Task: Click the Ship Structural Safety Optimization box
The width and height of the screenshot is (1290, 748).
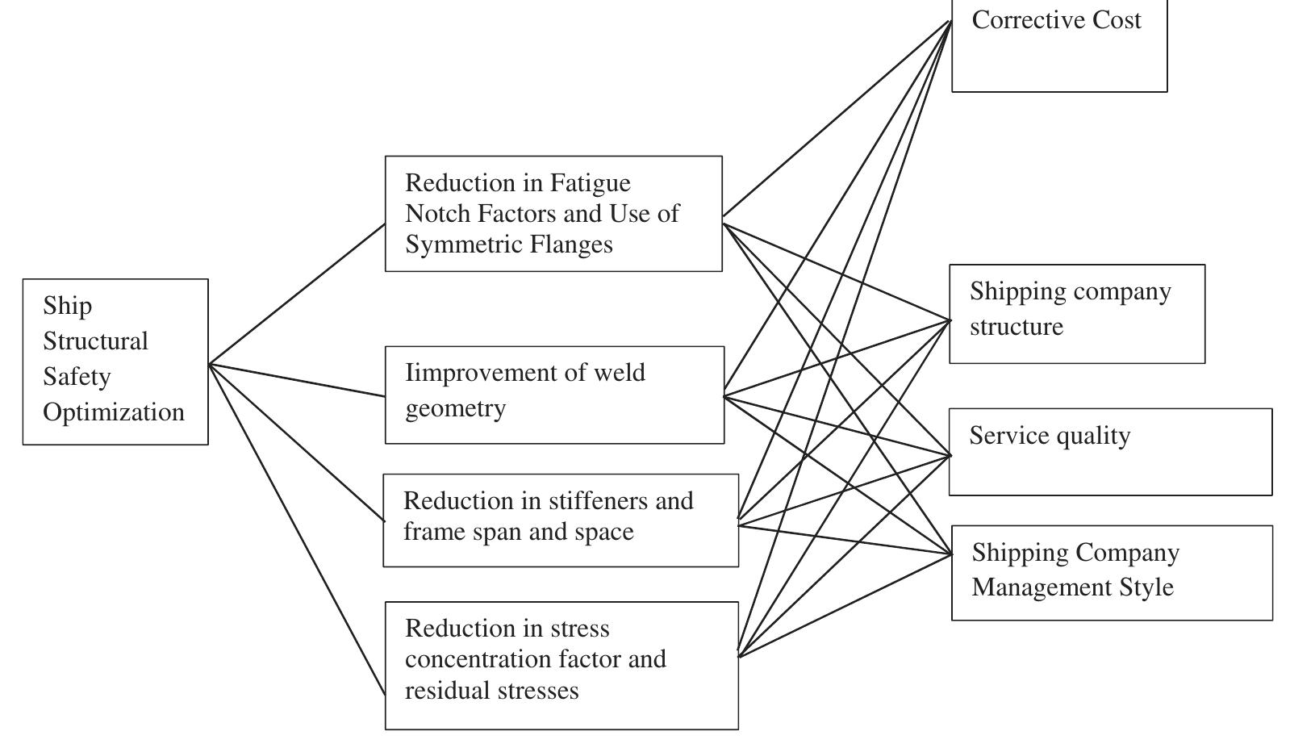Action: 115,361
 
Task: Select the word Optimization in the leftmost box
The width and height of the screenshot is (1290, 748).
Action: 114,412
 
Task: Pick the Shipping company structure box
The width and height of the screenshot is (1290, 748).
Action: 1076,313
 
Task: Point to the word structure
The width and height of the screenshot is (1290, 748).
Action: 1016,327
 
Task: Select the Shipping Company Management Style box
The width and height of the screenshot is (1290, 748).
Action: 1112,572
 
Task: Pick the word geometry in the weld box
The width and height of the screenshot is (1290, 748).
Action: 455,408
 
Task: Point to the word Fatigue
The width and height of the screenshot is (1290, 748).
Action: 590,183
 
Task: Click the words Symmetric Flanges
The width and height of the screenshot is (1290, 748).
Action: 508,244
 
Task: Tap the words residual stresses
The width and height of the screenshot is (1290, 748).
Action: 491,691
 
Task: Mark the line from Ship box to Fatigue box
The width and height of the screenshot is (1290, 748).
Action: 297,295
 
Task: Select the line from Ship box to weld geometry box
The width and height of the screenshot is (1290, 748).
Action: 297,380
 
